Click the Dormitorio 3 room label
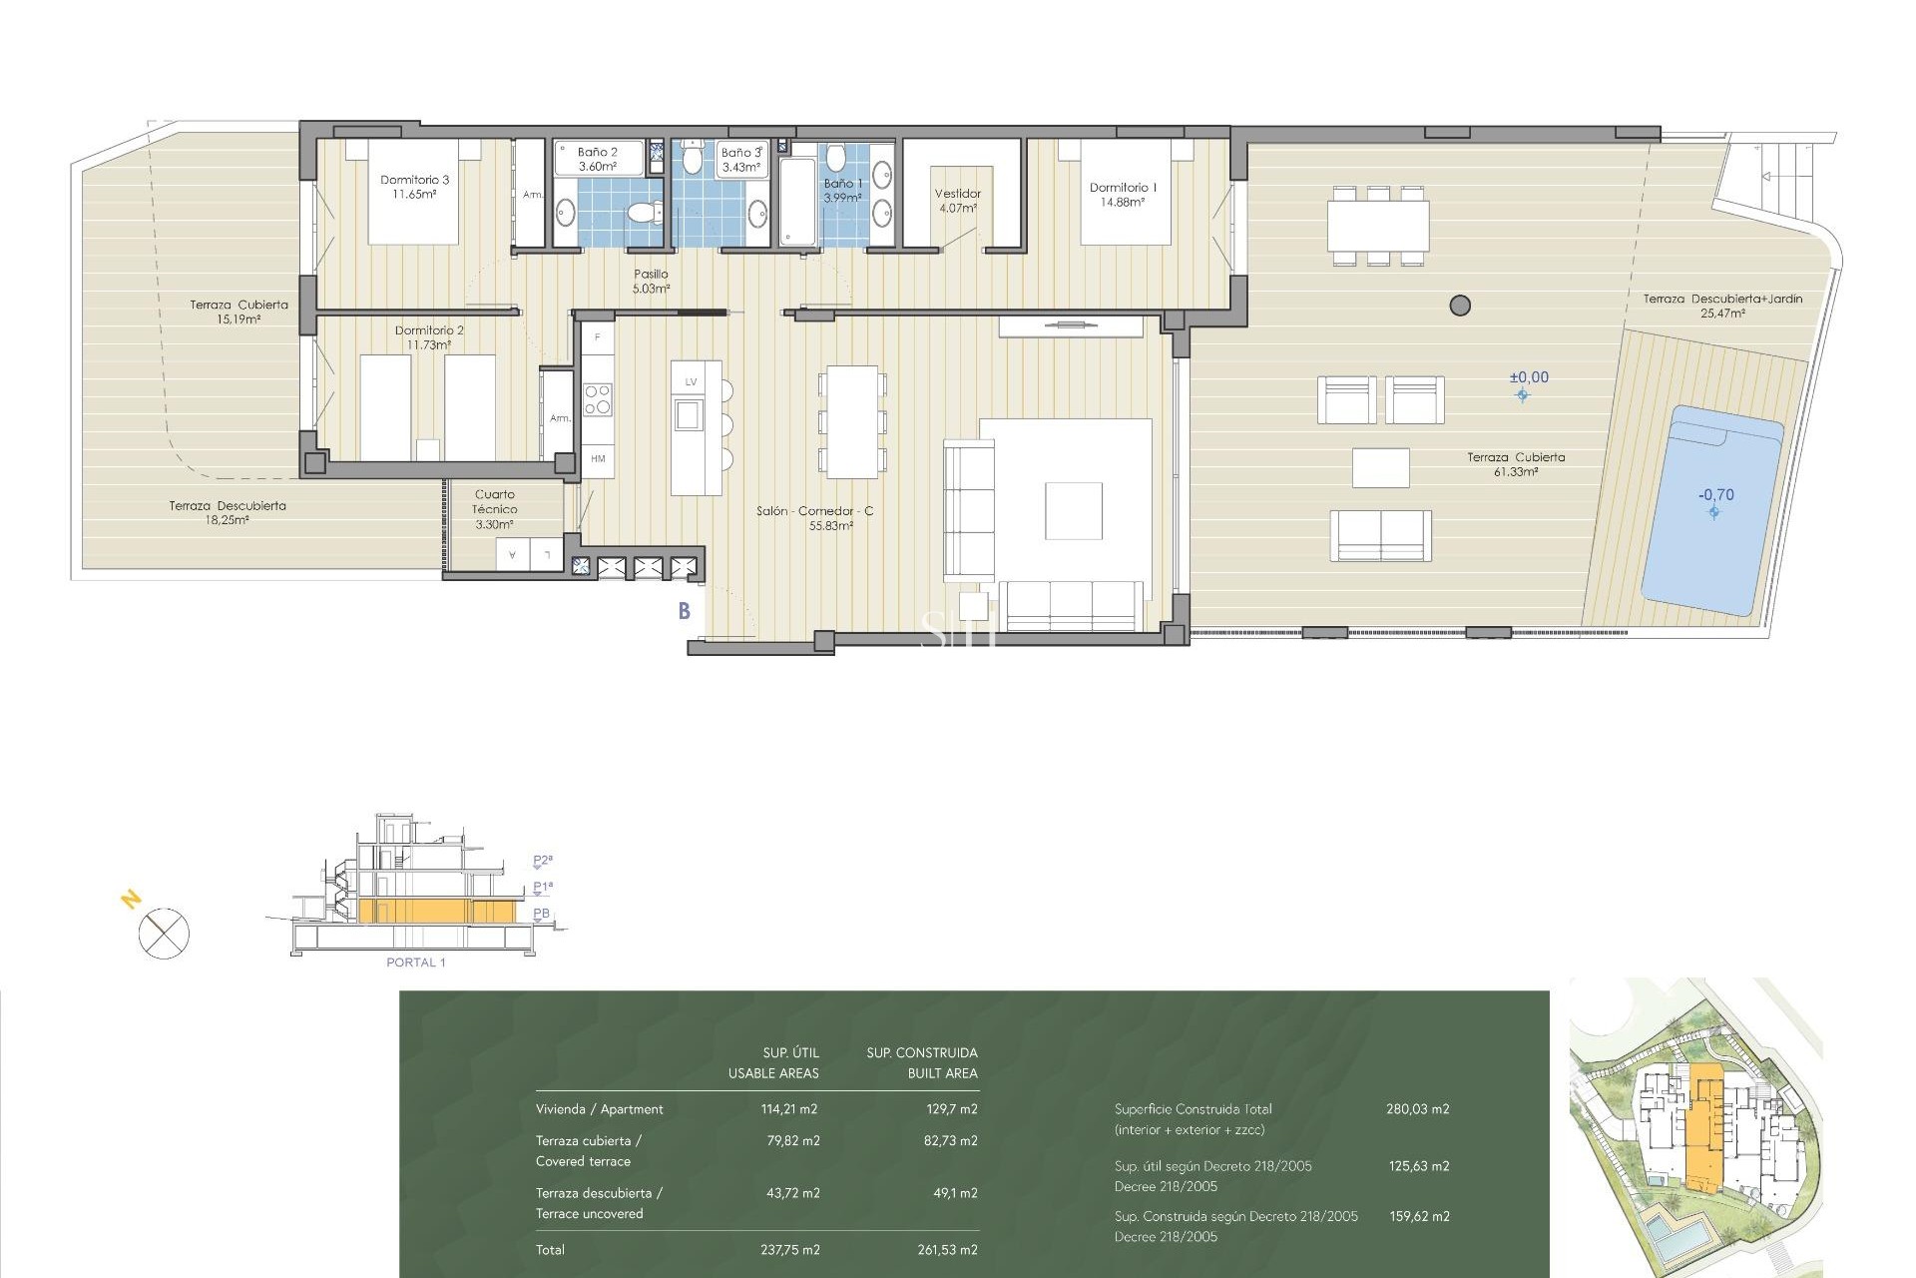coord(414,187)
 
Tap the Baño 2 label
coord(597,159)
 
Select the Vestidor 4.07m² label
coord(957,201)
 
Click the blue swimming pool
coord(1712,509)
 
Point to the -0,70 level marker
coord(1716,495)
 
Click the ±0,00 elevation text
coord(1529,377)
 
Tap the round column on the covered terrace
coord(1460,306)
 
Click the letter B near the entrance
coord(685,611)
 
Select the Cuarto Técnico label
coord(495,508)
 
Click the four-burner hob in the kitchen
coord(597,399)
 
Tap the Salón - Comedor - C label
coord(815,517)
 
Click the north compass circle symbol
coord(164,935)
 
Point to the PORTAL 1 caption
coord(415,962)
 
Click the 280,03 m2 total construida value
coord(1417,1109)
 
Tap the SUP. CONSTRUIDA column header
coord(922,1052)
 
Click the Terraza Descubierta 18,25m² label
coord(228,512)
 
